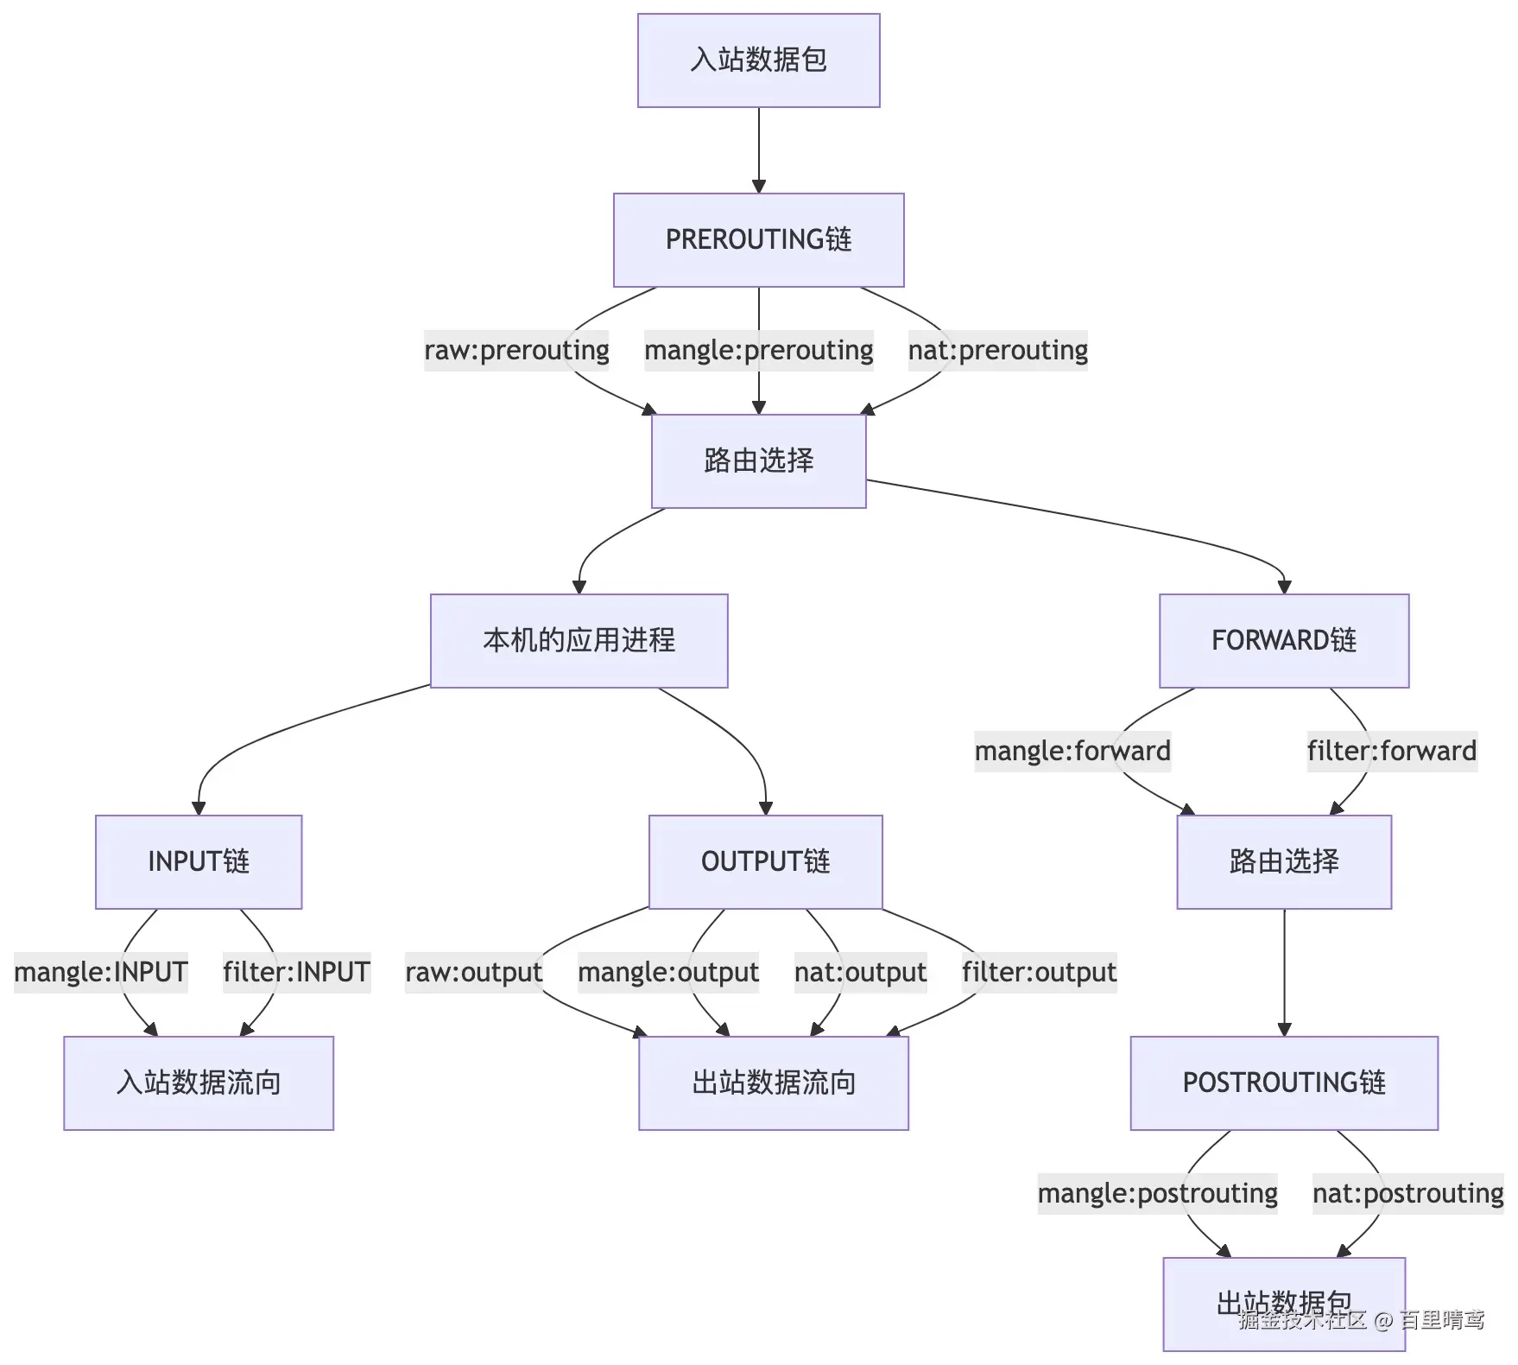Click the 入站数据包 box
click(758, 60)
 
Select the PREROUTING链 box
click(758, 240)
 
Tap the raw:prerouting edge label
click(516, 351)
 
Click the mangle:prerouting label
click(758, 351)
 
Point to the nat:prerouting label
click(997, 351)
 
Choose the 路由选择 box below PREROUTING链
click(758, 461)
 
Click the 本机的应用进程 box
click(579, 641)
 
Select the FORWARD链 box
click(1284, 641)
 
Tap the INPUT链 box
click(199, 862)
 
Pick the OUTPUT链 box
click(765, 862)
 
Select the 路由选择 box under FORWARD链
click(1284, 862)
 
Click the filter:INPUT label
click(296, 973)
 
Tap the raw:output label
click(473, 973)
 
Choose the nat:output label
click(860, 973)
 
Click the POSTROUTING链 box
click(1284, 1083)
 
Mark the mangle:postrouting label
click(1157, 1194)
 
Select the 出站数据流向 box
click(774, 1083)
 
